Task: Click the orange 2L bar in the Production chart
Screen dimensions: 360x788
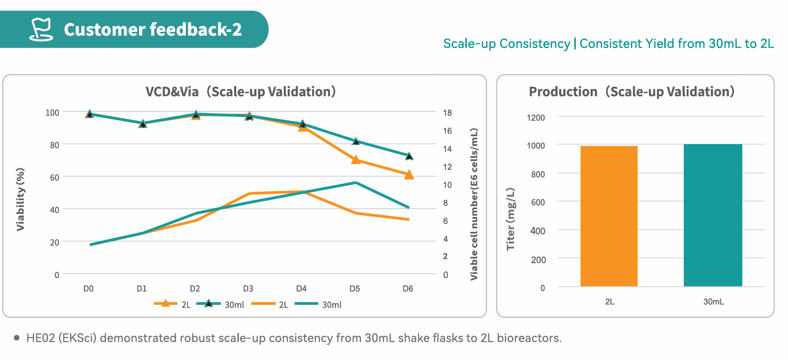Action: pyautogui.click(x=609, y=216)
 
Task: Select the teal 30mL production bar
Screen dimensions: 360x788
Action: pyautogui.click(x=713, y=215)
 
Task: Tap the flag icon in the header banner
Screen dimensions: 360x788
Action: pyautogui.click(x=41, y=29)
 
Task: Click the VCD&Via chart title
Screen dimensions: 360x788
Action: pyautogui.click(x=240, y=91)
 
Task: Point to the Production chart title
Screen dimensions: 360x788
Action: pyautogui.click(x=631, y=91)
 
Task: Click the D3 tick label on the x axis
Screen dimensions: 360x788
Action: pyautogui.click(x=248, y=289)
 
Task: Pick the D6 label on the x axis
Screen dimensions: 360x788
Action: pyautogui.click(x=408, y=289)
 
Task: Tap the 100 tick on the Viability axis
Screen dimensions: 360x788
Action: pyautogui.click(x=52, y=113)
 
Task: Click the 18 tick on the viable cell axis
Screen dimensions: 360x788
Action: pyautogui.click(x=447, y=113)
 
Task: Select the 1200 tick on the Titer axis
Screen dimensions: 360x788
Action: pyautogui.click(x=536, y=117)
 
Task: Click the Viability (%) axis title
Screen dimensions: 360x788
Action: pyautogui.click(x=20, y=199)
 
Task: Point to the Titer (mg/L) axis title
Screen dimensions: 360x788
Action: pyautogui.click(x=511, y=219)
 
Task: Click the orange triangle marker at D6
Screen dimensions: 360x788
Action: pyautogui.click(x=409, y=175)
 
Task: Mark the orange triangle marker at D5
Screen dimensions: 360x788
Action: pyautogui.click(x=356, y=160)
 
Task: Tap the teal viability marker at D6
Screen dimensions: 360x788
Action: pyautogui.click(x=409, y=156)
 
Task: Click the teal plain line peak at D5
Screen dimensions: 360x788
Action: pyautogui.click(x=355, y=183)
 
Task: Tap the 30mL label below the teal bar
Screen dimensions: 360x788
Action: pyautogui.click(x=713, y=302)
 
